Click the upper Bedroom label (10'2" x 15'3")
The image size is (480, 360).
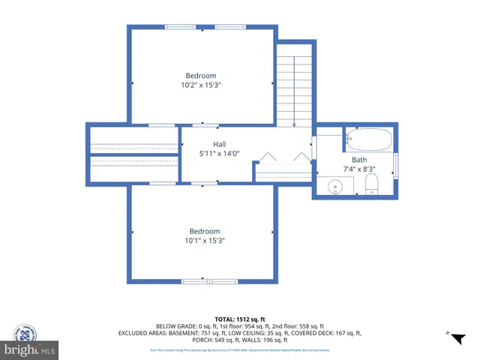[201, 76]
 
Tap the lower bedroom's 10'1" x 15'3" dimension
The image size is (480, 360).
[204, 241]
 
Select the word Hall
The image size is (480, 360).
[219, 144]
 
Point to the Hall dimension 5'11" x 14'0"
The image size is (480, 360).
[219, 154]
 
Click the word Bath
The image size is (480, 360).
[360, 160]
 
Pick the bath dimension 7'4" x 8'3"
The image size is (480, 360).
[359, 169]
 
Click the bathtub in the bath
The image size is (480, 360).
[368, 139]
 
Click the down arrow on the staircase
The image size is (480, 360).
[294, 124]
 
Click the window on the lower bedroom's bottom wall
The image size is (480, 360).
[205, 281]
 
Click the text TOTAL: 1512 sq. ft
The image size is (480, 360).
[239, 319]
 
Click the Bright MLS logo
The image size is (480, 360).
[30, 349]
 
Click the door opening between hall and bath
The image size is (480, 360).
[314, 147]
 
